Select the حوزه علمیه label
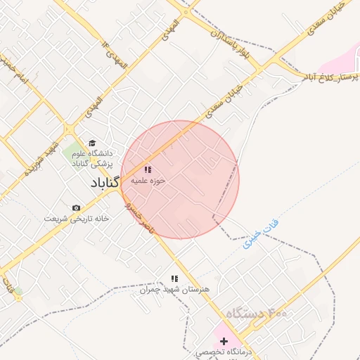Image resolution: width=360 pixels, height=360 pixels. [150, 180]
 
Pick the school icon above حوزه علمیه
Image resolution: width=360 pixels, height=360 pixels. [148, 169]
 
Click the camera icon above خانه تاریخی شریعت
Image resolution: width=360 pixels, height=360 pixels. [76, 208]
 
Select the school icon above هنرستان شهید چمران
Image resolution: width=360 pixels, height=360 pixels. [174, 278]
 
